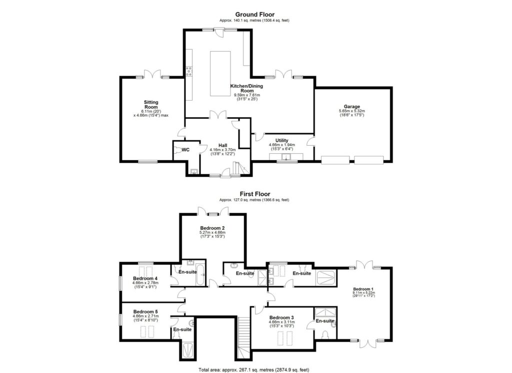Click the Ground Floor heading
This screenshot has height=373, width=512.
coord(254,15)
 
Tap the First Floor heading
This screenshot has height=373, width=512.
coord(254,194)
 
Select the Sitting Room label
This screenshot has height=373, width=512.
coord(151,104)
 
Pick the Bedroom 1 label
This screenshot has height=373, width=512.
coord(363,289)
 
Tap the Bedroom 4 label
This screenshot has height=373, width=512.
coord(145,278)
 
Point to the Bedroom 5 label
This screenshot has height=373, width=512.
coord(145,311)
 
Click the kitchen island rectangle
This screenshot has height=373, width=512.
coord(218,74)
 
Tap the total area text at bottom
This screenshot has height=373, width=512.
coord(254,369)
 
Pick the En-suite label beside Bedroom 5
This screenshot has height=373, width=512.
coord(181,329)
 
